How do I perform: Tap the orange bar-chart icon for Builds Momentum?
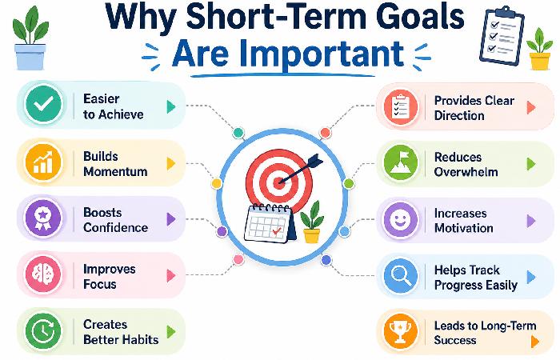pos(43,162)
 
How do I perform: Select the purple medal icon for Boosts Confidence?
pos(43,218)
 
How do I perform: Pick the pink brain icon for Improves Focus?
pos(43,274)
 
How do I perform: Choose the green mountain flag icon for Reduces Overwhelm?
pos(402,162)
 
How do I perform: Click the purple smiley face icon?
pos(402,218)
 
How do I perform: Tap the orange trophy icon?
pos(402,331)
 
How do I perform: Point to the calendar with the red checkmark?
pos(268,223)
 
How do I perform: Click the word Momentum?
pos(115,171)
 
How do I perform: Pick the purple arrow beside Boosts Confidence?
pos(170,218)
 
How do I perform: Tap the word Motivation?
pos(463,228)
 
